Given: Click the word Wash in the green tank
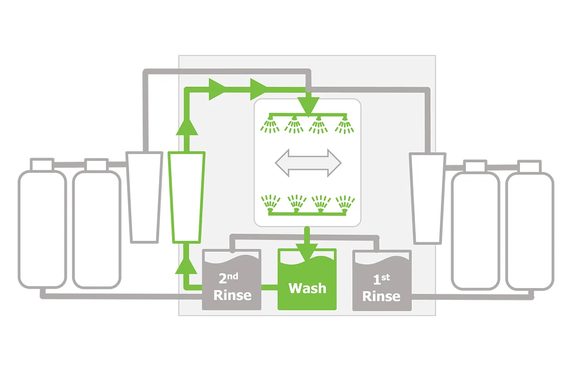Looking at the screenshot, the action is coord(307,288).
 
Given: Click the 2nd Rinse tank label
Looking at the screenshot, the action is coord(232,287).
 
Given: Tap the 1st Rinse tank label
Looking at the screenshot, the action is coord(382,288).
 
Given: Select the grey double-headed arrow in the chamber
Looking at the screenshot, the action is coord(308,163).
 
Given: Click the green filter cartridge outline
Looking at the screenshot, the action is coord(187,197).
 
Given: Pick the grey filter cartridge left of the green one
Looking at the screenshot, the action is coord(144,197).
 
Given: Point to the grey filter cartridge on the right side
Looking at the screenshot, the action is coord(428,199).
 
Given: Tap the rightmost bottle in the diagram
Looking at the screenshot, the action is coord(530,225).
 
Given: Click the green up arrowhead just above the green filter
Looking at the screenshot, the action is coord(187,127).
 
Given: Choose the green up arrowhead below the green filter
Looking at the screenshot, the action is coord(186,266).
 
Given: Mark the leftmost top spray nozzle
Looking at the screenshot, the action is coord(270,124).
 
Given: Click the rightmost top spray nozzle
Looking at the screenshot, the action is coord(345,125).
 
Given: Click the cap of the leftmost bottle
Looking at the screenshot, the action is coord(42,164).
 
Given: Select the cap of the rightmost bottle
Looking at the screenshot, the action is coord(529,167).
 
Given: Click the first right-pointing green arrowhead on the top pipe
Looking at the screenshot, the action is coord(217,89).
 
